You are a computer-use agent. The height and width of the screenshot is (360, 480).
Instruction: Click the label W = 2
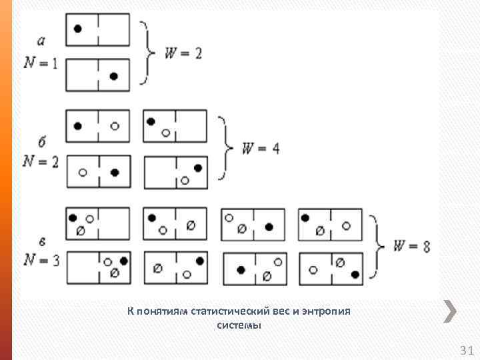[183, 53]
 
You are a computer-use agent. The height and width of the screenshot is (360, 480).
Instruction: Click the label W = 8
[411, 246]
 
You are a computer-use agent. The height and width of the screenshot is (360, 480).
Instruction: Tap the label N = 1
[41, 63]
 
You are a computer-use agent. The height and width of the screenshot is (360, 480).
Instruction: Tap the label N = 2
[40, 161]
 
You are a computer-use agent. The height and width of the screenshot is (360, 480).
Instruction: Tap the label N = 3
[41, 260]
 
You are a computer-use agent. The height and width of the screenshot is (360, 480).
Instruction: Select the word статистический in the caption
[230, 311]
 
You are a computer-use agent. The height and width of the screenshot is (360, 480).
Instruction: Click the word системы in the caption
[239, 325]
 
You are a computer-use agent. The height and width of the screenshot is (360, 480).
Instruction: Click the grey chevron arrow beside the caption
[450, 311]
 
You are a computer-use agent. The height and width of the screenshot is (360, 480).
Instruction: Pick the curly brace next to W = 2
[146, 53]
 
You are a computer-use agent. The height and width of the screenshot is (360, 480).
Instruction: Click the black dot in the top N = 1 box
[78, 29]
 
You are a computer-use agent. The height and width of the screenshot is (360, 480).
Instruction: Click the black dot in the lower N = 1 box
[113, 76]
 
